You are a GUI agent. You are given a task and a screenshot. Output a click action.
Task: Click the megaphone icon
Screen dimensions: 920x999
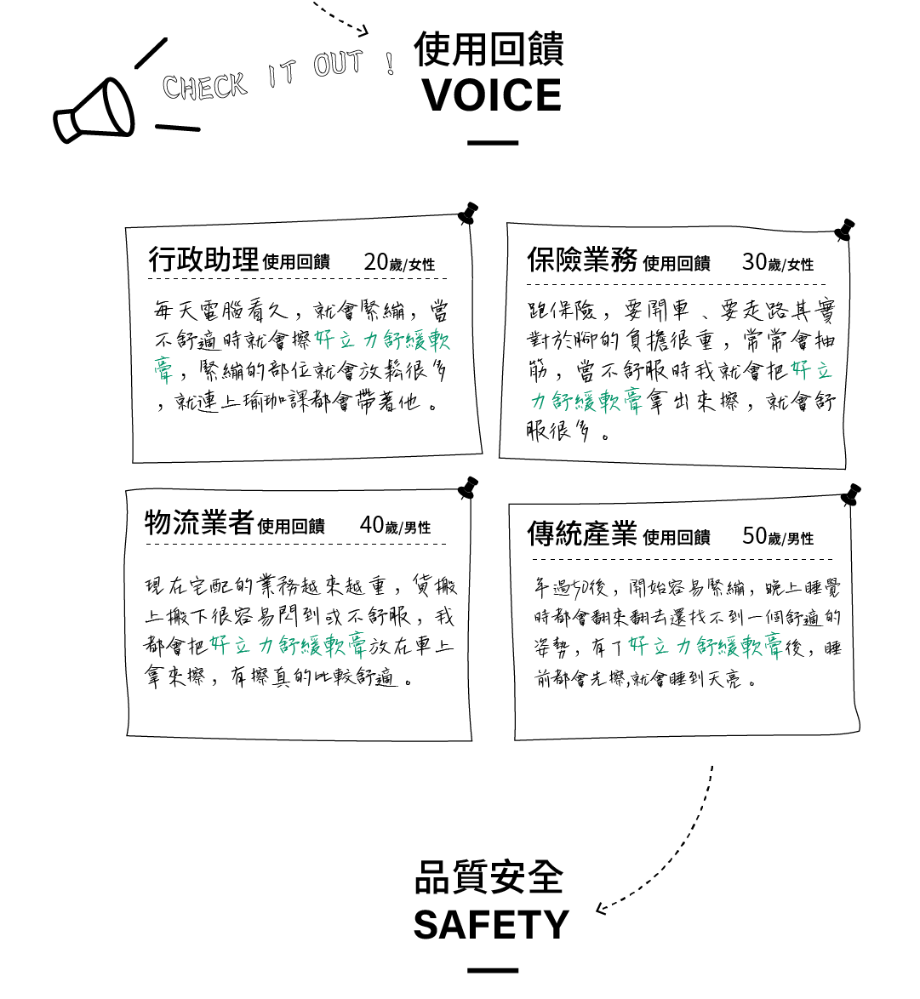pos(94,112)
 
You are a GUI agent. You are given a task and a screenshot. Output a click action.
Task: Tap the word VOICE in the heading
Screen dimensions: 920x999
pos(492,95)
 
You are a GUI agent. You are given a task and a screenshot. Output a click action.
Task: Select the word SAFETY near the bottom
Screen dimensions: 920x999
pos(491,925)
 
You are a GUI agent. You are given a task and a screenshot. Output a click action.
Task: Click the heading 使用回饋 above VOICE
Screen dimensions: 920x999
pos(489,49)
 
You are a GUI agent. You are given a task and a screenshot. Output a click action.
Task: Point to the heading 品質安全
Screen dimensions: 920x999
pos(489,877)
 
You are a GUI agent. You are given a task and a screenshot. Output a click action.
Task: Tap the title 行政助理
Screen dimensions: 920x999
pos(203,260)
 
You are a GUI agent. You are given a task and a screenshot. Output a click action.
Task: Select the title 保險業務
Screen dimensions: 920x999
pos(582,260)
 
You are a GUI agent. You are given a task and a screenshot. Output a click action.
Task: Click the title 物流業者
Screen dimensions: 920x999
pos(198,522)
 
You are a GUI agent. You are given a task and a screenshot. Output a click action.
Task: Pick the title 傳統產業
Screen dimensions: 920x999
pos(582,534)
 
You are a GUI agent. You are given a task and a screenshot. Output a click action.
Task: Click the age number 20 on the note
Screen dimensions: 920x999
pos(375,262)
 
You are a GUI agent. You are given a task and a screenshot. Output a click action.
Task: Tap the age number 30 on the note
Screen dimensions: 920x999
pos(754,261)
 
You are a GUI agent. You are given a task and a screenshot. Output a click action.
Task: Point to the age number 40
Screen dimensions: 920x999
pos(372,524)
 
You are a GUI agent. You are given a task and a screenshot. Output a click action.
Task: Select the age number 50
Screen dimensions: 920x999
pos(754,535)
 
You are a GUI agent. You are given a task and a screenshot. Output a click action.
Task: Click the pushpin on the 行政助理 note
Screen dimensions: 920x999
pos(467,214)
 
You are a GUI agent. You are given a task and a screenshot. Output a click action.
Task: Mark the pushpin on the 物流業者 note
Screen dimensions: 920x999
pos(467,488)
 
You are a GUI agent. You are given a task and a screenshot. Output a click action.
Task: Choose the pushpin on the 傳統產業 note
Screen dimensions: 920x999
pos(850,494)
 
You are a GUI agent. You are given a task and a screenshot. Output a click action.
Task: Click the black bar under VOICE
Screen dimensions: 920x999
pos(493,143)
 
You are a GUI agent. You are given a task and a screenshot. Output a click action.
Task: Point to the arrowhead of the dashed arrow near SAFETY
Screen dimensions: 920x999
pos(601,908)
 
